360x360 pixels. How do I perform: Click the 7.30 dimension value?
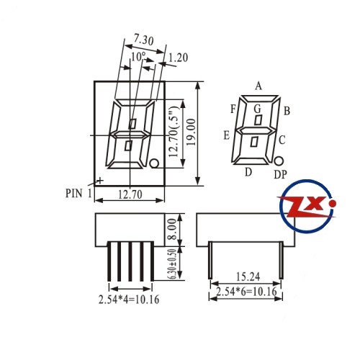tap(143, 40)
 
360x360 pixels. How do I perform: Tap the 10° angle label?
tap(138, 57)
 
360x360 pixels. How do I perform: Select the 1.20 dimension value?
tap(178, 58)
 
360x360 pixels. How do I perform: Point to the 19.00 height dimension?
tap(192, 132)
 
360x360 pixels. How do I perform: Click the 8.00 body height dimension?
tap(173, 230)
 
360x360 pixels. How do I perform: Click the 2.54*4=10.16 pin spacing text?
tap(129, 300)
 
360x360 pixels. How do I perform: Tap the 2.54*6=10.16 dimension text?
tap(246, 292)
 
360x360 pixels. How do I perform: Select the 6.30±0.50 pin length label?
tap(173, 264)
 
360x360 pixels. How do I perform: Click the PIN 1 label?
tap(78, 193)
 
